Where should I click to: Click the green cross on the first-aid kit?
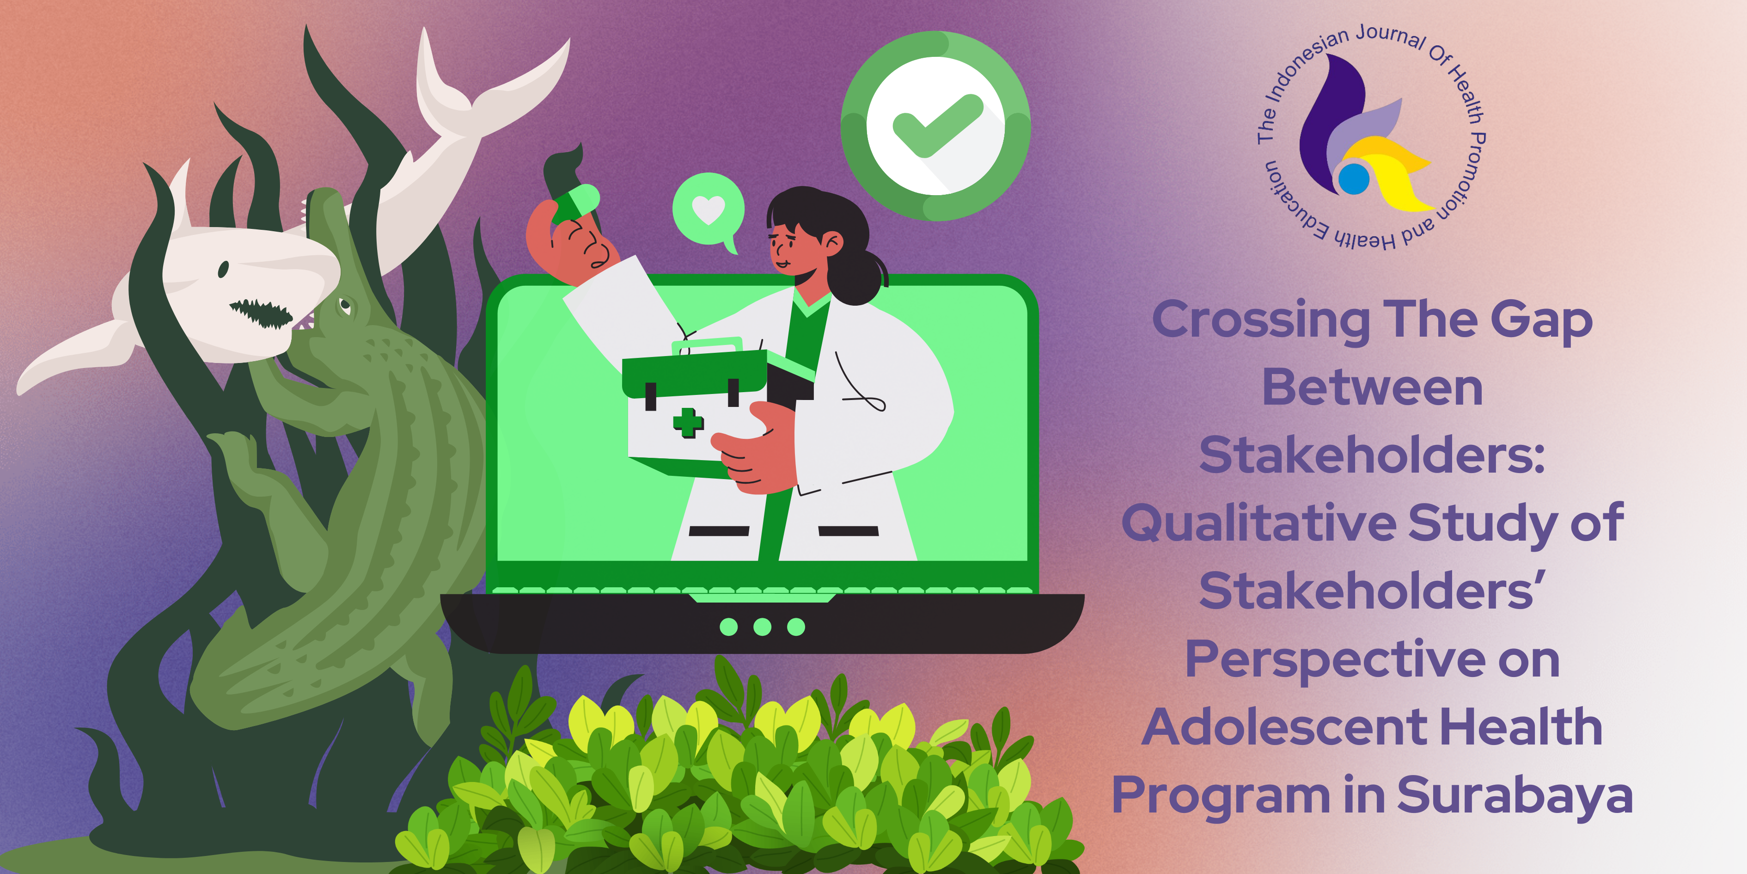[688, 422]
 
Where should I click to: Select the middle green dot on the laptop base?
[762, 626]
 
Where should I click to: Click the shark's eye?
[223, 270]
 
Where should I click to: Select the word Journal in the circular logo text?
[1390, 37]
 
